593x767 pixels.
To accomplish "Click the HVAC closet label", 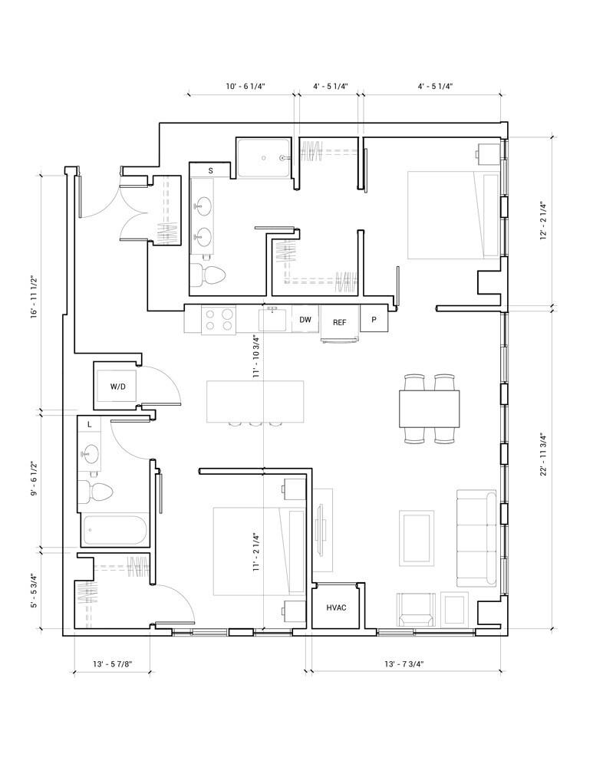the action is [x=336, y=607].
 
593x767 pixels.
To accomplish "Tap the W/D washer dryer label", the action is [x=117, y=387].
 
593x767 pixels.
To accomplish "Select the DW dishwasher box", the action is [x=305, y=320].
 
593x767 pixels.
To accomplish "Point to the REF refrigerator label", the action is [x=340, y=322].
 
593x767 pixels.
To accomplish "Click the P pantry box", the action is [x=374, y=319].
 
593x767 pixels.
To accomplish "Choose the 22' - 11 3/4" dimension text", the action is [x=545, y=454].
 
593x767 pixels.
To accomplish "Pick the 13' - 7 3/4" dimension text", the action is [x=404, y=663].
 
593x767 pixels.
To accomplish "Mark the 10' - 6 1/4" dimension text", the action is [x=245, y=87].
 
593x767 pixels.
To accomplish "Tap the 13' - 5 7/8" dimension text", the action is [x=113, y=663].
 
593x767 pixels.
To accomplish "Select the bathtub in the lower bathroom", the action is [x=115, y=530].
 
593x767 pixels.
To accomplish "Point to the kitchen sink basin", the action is [x=274, y=321].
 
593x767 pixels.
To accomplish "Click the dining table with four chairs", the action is [x=429, y=409].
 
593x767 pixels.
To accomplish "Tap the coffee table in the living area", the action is [x=417, y=538].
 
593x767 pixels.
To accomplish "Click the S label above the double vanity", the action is [x=211, y=171].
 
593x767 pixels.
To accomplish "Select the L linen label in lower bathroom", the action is [x=89, y=425].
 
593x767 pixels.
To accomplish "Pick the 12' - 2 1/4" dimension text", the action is [x=545, y=222].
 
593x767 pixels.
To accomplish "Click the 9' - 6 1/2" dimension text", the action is [x=34, y=479].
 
